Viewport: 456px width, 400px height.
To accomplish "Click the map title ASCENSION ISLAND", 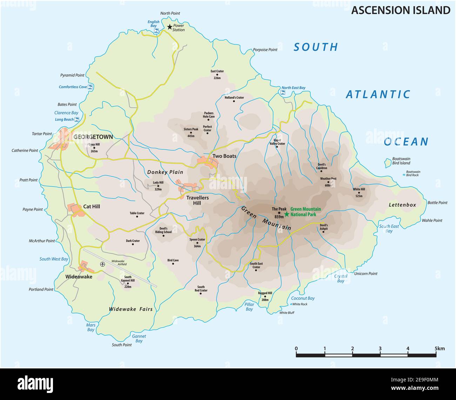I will pyautogui.click(x=401, y=10).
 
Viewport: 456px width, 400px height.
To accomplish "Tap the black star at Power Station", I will pyautogui.click(x=170, y=27).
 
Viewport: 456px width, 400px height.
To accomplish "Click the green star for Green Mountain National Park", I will pyautogui.click(x=287, y=214).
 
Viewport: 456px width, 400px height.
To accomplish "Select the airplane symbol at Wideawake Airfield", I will pyautogui.click(x=102, y=264).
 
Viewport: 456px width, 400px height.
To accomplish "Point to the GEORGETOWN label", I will pyautogui.click(x=93, y=137).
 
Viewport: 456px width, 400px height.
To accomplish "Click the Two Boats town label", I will pyautogui.click(x=224, y=156).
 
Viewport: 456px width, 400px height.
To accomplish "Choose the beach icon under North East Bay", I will pyautogui.click(x=283, y=93).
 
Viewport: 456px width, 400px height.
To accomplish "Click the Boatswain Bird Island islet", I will pyautogui.click(x=388, y=162).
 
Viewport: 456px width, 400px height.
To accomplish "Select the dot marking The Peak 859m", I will pyautogui.click(x=279, y=213).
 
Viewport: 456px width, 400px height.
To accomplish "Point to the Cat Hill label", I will pyautogui.click(x=92, y=206).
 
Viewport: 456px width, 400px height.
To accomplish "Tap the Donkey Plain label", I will pyautogui.click(x=165, y=172).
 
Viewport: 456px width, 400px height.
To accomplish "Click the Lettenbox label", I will pyautogui.click(x=402, y=205).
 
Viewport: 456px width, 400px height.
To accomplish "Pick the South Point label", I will pyautogui.click(x=122, y=345).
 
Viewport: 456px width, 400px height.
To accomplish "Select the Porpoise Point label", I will pyautogui.click(x=265, y=50).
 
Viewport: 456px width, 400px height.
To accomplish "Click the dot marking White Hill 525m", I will pyautogui.click(x=359, y=193).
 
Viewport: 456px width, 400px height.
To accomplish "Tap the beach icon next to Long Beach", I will pyautogui.click(x=77, y=119).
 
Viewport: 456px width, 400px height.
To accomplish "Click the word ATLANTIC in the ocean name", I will pyautogui.click(x=378, y=94).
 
